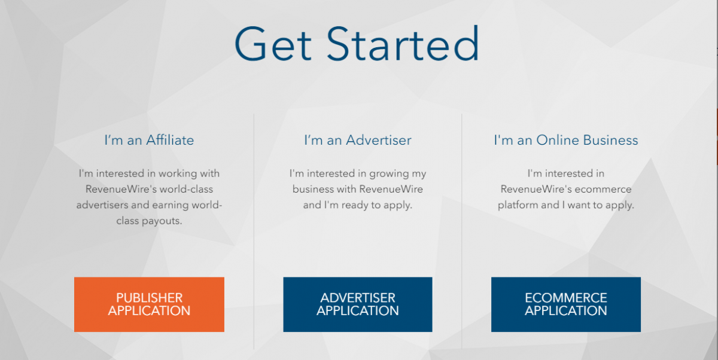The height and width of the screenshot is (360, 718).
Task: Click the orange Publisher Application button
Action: coord(149,304)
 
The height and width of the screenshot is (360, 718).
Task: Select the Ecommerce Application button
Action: coord(565,304)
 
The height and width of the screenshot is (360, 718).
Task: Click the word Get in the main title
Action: coord(273,44)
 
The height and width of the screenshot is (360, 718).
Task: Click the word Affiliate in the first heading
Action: coord(169,141)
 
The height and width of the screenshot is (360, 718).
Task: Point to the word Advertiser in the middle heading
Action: coord(379,141)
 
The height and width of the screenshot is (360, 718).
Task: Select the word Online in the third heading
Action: coord(558,141)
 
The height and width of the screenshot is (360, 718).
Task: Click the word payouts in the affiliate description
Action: coord(162,221)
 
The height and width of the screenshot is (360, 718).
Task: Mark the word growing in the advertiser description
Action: coord(386,174)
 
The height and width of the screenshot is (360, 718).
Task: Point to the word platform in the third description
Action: coord(519,205)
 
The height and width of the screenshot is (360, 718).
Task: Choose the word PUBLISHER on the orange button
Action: coord(149,298)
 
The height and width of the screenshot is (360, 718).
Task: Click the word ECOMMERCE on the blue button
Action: coord(565,298)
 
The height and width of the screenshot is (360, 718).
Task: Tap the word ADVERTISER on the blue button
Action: coord(358,298)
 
